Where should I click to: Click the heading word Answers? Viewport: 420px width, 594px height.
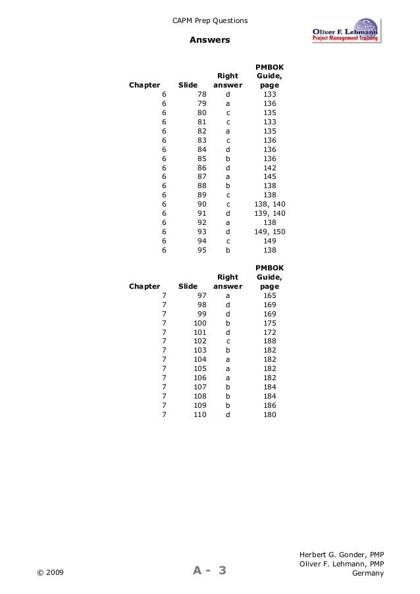click(209, 40)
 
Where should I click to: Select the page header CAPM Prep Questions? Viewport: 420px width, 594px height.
click(210, 21)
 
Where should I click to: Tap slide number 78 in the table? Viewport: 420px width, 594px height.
click(202, 94)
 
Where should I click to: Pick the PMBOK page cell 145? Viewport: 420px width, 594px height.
click(269, 176)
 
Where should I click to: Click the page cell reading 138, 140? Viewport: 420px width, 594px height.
click(270, 204)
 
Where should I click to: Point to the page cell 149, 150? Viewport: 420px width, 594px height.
click(270, 232)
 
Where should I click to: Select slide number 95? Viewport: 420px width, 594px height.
click(202, 250)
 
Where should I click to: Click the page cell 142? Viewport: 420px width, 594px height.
click(269, 168)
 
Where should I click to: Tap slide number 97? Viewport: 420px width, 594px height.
click(202, 296)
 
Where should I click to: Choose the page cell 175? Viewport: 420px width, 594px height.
click(269, 324)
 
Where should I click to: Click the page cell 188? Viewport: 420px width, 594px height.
click(269, 341)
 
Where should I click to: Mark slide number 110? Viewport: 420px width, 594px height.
click(200, 415)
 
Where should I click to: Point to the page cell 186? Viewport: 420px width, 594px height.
click(269, 406)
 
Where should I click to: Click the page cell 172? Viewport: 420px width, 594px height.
click(269, 332)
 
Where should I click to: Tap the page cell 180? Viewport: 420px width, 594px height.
click(269, 415)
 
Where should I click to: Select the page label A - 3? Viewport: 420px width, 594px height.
click(209, 570)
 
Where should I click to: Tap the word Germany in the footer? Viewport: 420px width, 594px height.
click(368, 573)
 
